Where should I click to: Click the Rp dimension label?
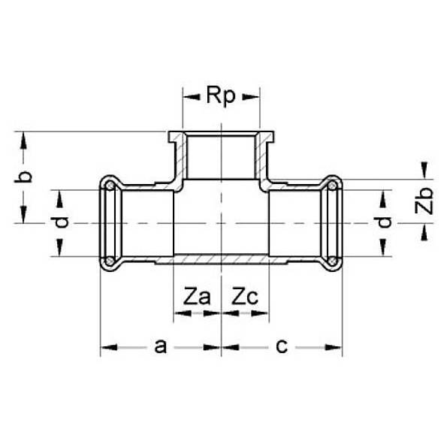pos(221,95)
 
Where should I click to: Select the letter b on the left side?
pos(25,177)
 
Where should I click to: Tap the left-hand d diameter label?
pos(63,222)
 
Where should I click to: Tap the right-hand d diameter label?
pos(385,222)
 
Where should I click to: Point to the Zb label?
pos(425,201)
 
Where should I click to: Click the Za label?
pos(196,297)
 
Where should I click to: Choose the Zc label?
pos(245,297)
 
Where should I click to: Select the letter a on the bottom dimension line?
pos(159,346)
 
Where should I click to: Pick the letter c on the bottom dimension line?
pos(282,346)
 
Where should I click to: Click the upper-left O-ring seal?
pos(110,186)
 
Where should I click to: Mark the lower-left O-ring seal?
pos(110,261)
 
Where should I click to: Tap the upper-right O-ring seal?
pos(333,186)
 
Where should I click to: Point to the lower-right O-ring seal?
pos(333,261)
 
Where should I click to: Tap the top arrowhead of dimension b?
pos(25,137)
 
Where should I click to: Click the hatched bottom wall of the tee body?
pos(221,260)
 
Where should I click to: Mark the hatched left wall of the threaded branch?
pos(178,158)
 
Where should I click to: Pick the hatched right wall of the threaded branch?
pos(264,158)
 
